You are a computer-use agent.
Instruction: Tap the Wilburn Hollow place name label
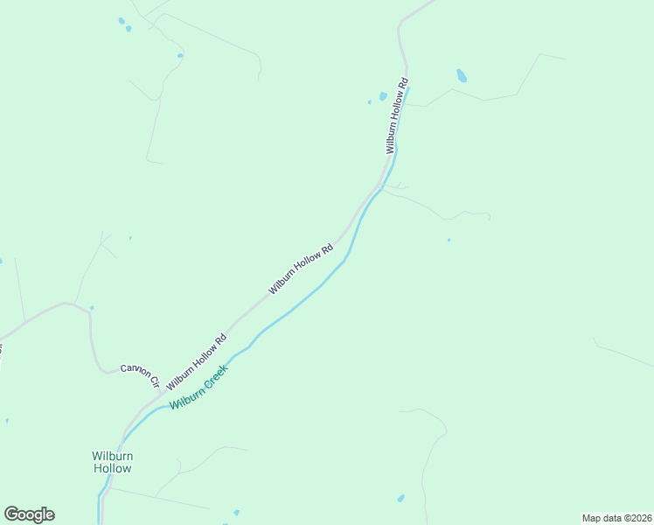pos(112,462)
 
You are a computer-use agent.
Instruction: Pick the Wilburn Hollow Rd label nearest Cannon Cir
pos(197,360)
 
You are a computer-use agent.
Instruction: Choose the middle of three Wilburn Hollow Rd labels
pos(302,269)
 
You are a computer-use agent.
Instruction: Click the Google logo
pos(29,514)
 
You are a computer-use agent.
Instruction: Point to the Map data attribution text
pos(616,518)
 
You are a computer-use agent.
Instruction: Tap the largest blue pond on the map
pos(462,76)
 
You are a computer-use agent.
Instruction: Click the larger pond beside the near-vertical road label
pos(383,96)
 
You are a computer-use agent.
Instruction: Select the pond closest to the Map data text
pos(400,499)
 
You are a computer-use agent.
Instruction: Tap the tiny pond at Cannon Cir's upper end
pos(92,308)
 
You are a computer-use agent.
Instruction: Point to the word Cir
pos(154,381)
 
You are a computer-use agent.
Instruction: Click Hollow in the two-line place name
pos(112,469)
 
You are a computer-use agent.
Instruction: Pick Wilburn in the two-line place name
pos(112,455)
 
